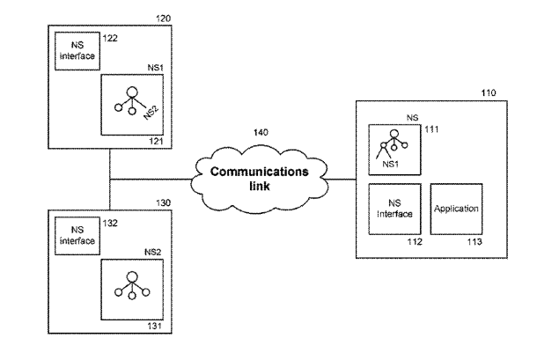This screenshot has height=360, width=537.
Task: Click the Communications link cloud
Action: [259, 179]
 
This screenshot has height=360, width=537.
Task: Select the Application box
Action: [456, 209]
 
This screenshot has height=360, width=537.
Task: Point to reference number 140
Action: [260, 132]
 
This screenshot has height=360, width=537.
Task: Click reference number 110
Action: [487, 92]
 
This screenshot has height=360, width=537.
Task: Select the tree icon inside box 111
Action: [391, 139]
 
